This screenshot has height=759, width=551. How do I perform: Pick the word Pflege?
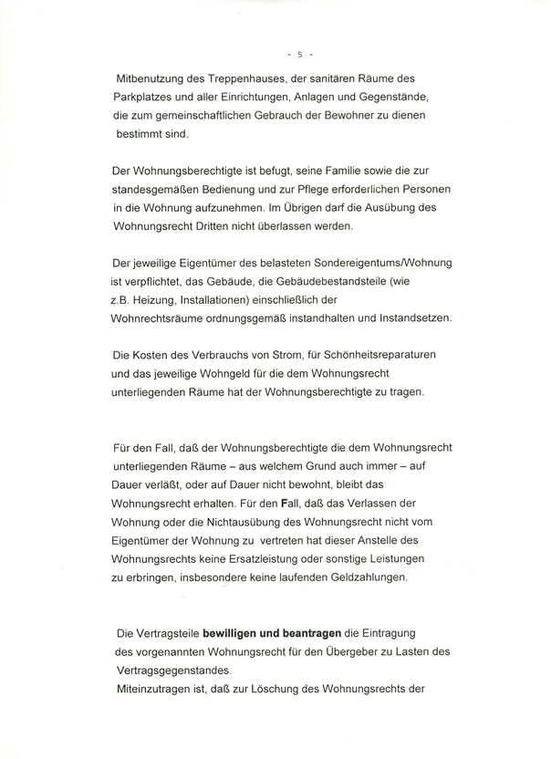tap(302, 192)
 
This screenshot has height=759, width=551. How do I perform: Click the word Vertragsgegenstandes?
tap(172, 670)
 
